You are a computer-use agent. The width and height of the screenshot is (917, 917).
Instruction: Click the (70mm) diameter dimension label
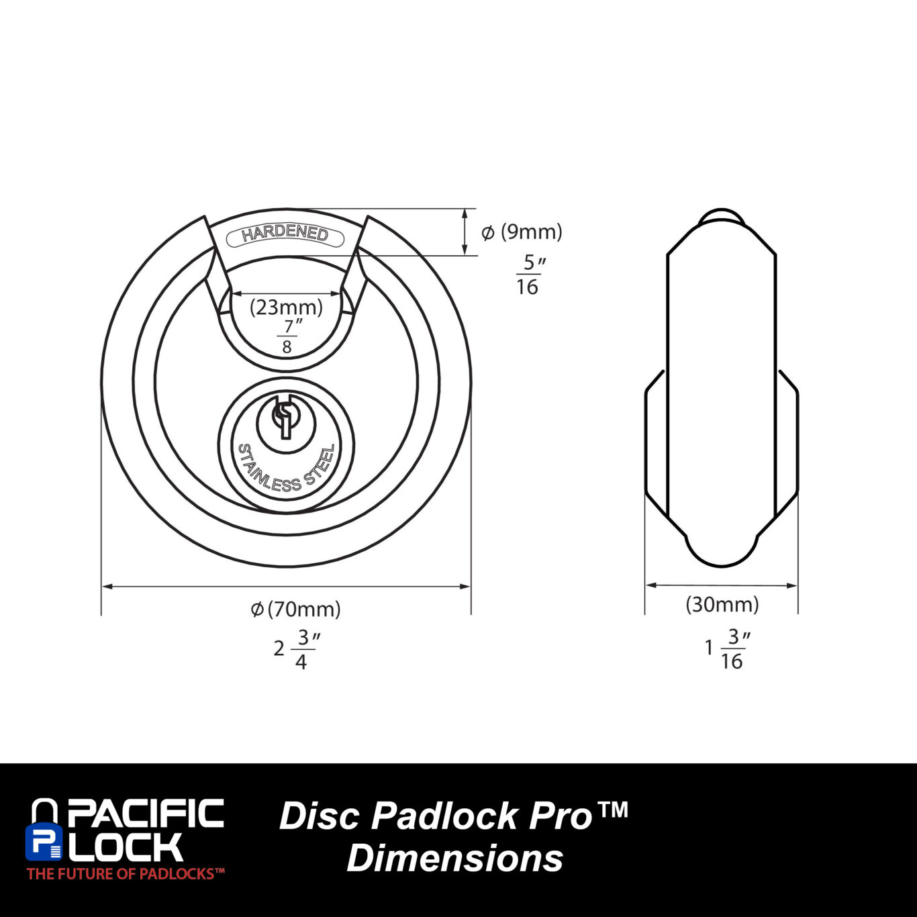pyautogui.click(x=296, y=609)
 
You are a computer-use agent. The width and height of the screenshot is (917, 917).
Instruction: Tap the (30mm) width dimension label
pyautogui.click(x=722, y=604)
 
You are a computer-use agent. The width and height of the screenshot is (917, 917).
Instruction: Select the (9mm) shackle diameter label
pyautogui.click(x=522, y=232)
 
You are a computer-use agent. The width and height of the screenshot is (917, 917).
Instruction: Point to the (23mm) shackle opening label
pyautogui.click(x=287, y=307)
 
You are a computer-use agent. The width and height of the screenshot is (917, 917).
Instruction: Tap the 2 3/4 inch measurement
pyautogui.click(x=295, y=649)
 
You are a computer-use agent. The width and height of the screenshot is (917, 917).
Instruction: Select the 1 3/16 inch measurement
pyautogui.click(x=726, y=648)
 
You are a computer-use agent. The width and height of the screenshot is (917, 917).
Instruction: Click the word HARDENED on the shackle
pyautogui.click(x=285, y=233)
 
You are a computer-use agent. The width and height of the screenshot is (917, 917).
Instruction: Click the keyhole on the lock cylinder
pyautogui.click(x=285, y=418)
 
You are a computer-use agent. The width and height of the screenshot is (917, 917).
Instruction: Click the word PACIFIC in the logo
pyautogui.click(x=145, y=813)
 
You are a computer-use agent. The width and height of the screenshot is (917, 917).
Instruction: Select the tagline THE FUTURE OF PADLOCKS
pyautogui.click(x=126, y=873)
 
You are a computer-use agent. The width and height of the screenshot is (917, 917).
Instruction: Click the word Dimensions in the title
pyautogui.click(x=454, y=858)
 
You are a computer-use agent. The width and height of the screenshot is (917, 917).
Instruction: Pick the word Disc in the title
pyautogui.click(x=319, y=816)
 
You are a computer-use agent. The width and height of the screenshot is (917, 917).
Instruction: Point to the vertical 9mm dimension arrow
pyautogui.click(x=465, y=232)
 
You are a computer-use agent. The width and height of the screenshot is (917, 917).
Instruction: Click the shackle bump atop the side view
pyautogui.click(x=722, y=218)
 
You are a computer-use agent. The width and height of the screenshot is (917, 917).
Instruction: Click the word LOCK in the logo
pyautogui.click(x=127, y=847)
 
